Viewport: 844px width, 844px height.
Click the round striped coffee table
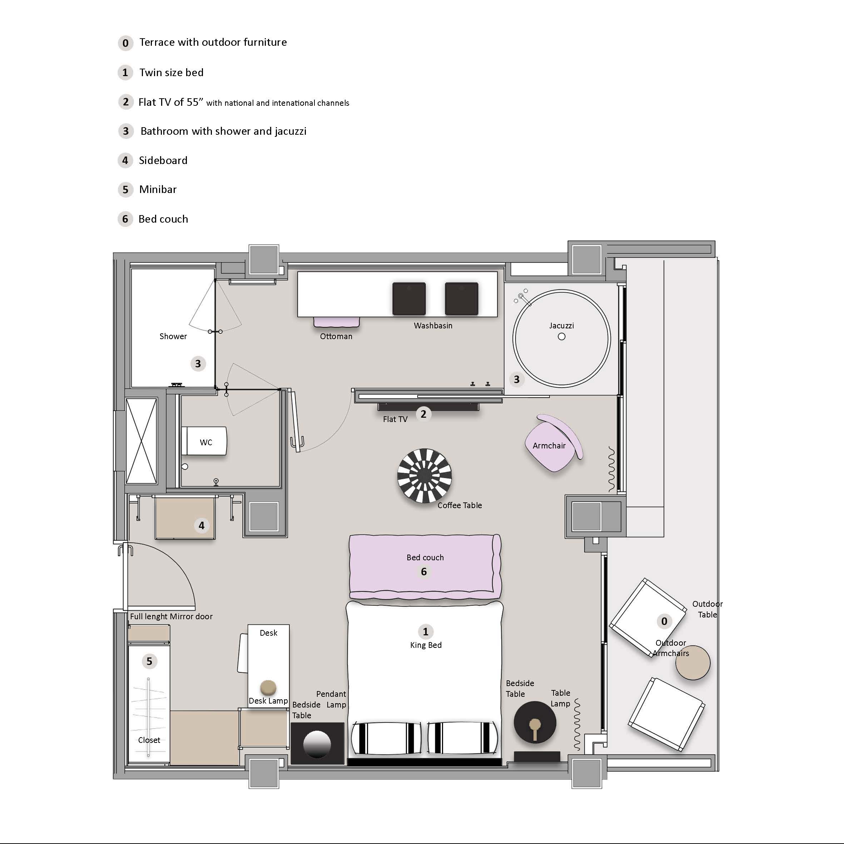[424, 476]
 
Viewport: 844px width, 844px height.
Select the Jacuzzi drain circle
[562, 336]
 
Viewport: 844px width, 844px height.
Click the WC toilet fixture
[205, 441]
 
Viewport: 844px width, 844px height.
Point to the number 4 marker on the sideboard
[202, 526]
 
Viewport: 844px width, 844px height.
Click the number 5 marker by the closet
[149, 661]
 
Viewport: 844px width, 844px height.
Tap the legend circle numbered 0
[125, 43]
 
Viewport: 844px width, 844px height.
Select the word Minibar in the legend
[158, 189]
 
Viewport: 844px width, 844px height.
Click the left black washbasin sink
[409, 299]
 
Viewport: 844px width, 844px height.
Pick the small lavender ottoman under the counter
[336, 322]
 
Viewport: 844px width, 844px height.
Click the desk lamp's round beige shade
[268, 687]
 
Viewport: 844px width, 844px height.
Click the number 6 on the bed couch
[424, 571]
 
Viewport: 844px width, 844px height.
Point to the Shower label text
[173, 336]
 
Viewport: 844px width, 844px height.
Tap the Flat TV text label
[395, 419]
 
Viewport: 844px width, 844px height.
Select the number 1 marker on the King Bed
[426, 632]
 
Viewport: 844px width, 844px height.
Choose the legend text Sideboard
[163, 160]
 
